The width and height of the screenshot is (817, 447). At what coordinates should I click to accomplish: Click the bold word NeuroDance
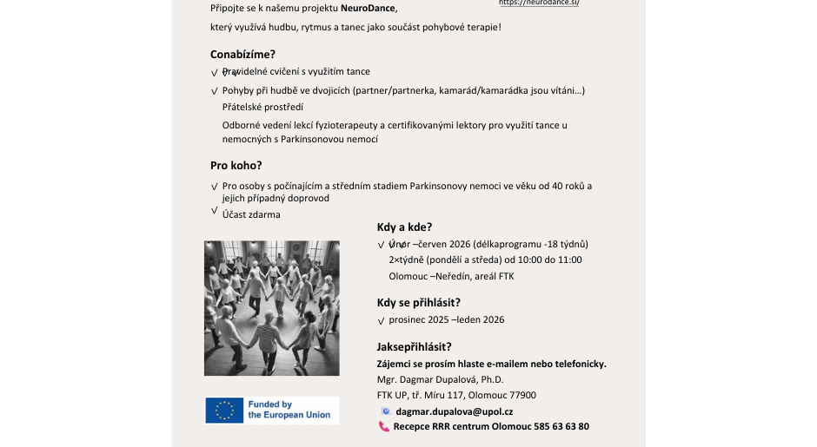click(368, 9)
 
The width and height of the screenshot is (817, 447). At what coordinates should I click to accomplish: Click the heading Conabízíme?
click(242, 54)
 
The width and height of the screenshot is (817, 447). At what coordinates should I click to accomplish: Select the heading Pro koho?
click(236, 165)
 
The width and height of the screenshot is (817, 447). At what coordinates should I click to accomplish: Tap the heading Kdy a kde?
click(404, 227)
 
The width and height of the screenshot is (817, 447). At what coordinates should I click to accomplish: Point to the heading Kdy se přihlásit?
click(418, 302)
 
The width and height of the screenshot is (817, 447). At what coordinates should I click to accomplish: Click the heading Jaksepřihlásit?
click(414, 347)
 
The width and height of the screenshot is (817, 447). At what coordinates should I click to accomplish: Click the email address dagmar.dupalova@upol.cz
click(454, 411)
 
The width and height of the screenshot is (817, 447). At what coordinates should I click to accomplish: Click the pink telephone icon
click(384, 426)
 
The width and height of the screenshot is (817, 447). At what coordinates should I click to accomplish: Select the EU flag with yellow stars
click(224, 411)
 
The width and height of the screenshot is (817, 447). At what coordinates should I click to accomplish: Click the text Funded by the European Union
click(289, 410)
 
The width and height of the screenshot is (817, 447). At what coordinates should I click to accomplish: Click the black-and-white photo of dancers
click(272, 308)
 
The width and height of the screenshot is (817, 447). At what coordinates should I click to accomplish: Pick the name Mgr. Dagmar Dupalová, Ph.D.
click(440, 379)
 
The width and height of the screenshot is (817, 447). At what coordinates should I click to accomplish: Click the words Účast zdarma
click(251, 214)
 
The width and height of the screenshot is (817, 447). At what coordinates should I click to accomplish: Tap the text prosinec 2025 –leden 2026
click(446, 319)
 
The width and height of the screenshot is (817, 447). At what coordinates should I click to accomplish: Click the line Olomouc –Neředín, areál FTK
click(451, 276)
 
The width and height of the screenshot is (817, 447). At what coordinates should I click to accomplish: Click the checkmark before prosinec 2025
click(381, 320)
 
